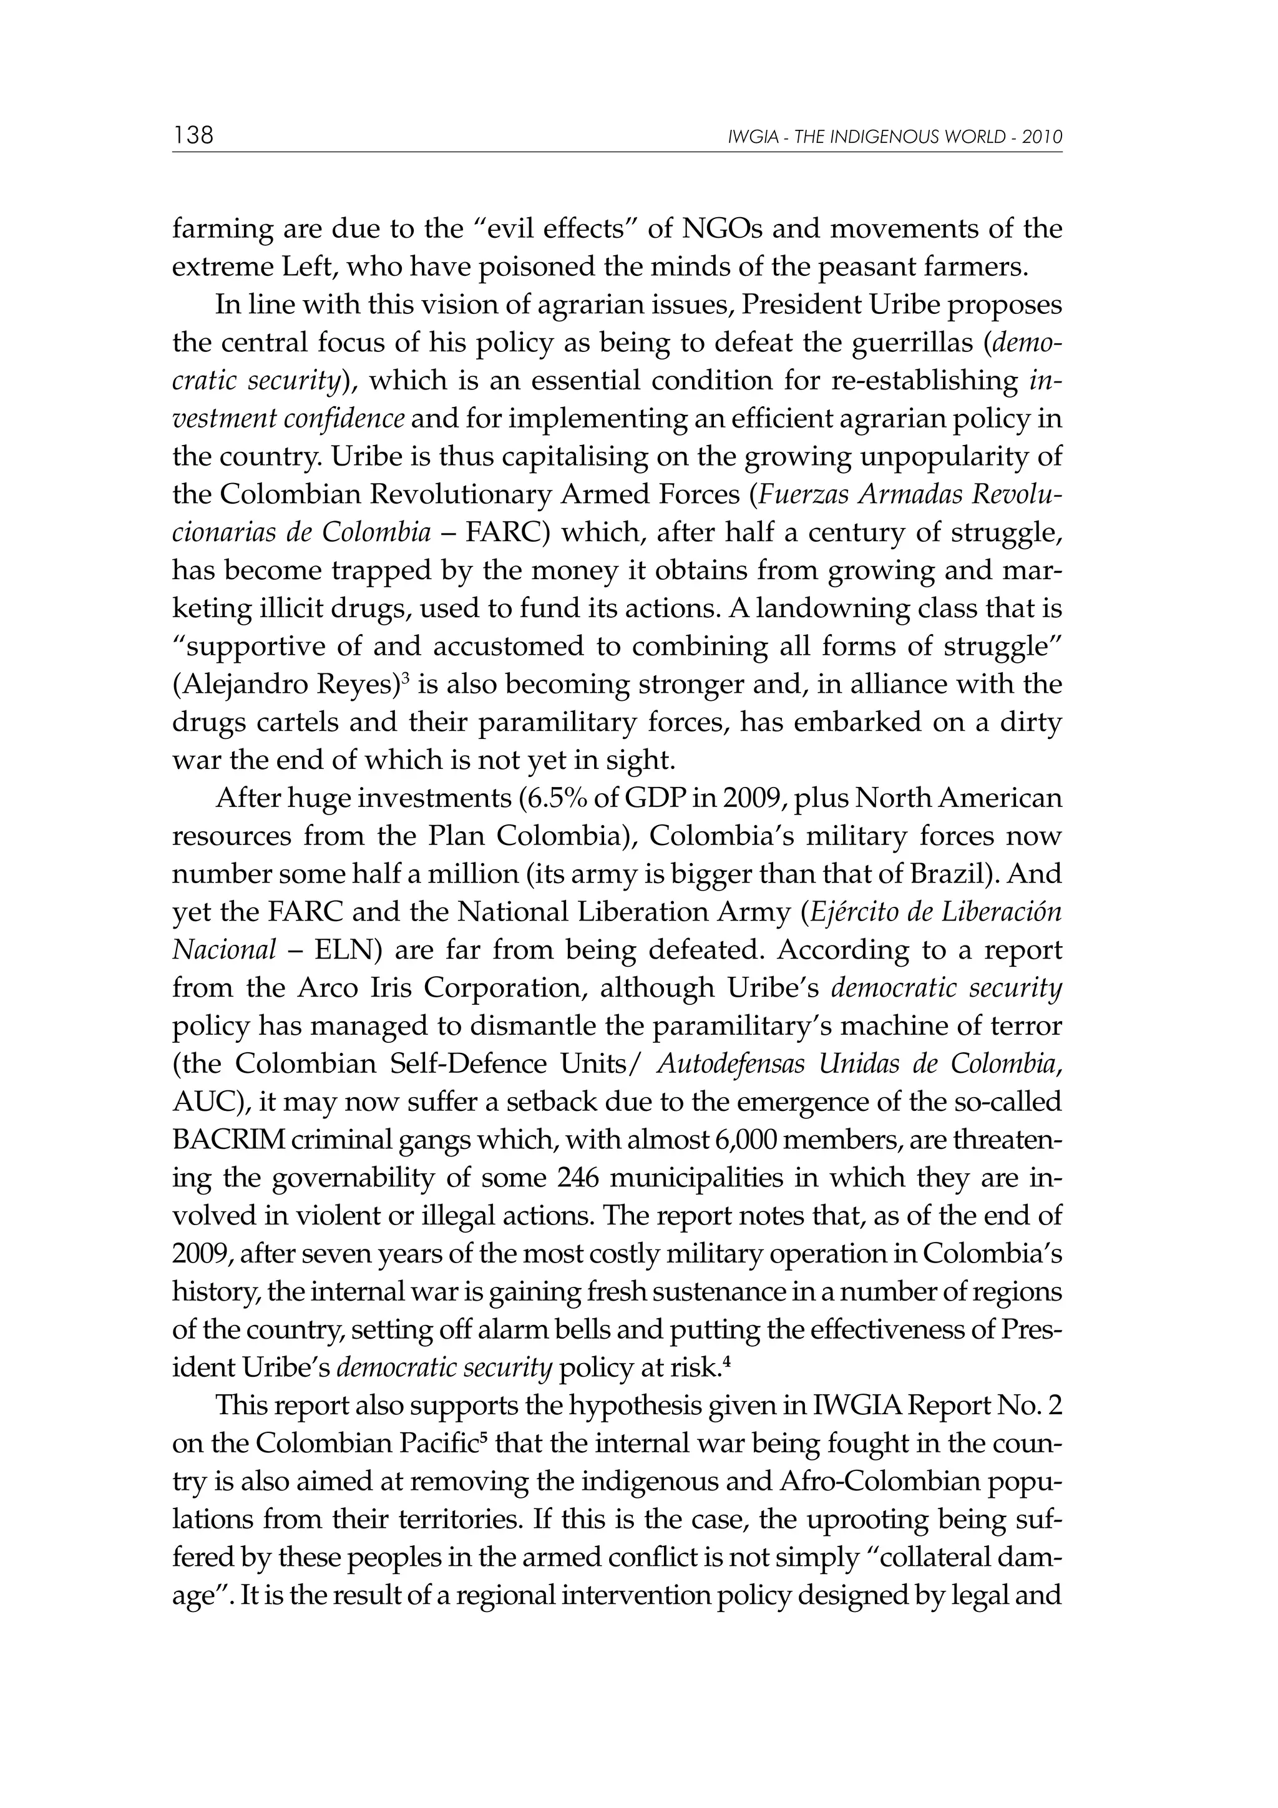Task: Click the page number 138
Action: tap(193, 135)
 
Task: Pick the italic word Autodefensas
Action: tap(731, 1065)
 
